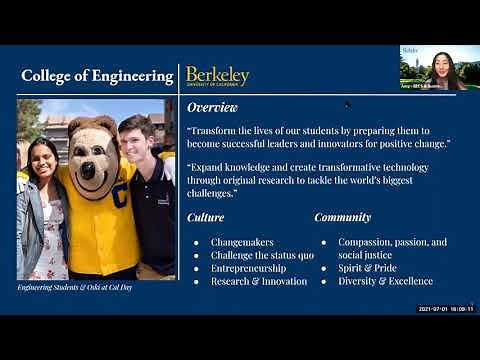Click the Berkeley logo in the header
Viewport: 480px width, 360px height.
217,76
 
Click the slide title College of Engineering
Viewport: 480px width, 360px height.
97,76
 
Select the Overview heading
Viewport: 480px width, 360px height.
212,107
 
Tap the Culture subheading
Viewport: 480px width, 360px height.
205,217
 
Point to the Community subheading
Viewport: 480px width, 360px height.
342,217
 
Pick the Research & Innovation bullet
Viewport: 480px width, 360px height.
259,281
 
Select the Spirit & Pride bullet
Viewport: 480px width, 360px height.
367,268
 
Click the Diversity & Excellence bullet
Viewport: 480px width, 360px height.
385,281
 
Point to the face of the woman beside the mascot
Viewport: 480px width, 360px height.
41,158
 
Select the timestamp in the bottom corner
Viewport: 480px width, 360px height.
445,309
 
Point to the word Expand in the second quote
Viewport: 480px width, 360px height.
210,167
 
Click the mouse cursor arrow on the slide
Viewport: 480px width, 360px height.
347,103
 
